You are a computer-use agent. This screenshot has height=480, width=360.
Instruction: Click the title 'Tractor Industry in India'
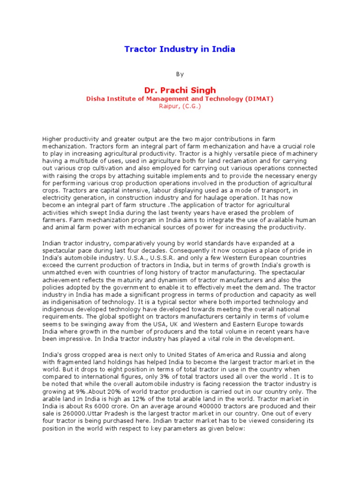(x=180, y=49)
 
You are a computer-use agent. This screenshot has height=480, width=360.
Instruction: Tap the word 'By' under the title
(x=180, y=74)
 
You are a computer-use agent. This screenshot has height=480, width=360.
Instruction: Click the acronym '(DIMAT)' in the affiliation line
(x=258, y=99)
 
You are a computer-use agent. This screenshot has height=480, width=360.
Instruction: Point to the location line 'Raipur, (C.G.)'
(x=180, y=106)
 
